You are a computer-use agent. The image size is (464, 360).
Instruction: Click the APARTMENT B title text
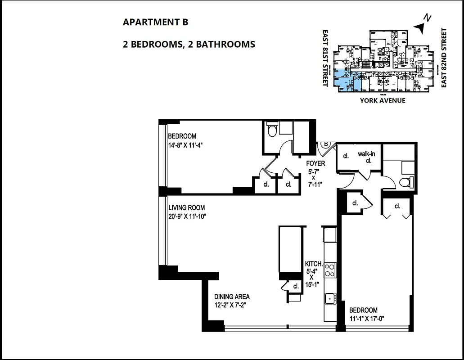[155, 22]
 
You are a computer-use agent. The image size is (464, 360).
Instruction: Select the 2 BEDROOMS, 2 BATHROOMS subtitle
[189, 44]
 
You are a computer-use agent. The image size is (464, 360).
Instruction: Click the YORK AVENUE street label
[382, 100]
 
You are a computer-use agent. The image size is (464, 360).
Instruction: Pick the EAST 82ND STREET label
[444, 58]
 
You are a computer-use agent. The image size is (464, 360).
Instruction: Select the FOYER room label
[315, 164]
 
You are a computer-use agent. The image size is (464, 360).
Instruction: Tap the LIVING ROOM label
[186, 208]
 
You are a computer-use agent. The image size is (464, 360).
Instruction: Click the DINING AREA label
[232, 297]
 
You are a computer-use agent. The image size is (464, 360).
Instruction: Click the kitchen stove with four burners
[330, 270]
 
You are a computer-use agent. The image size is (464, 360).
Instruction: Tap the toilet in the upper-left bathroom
[271, 131]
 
